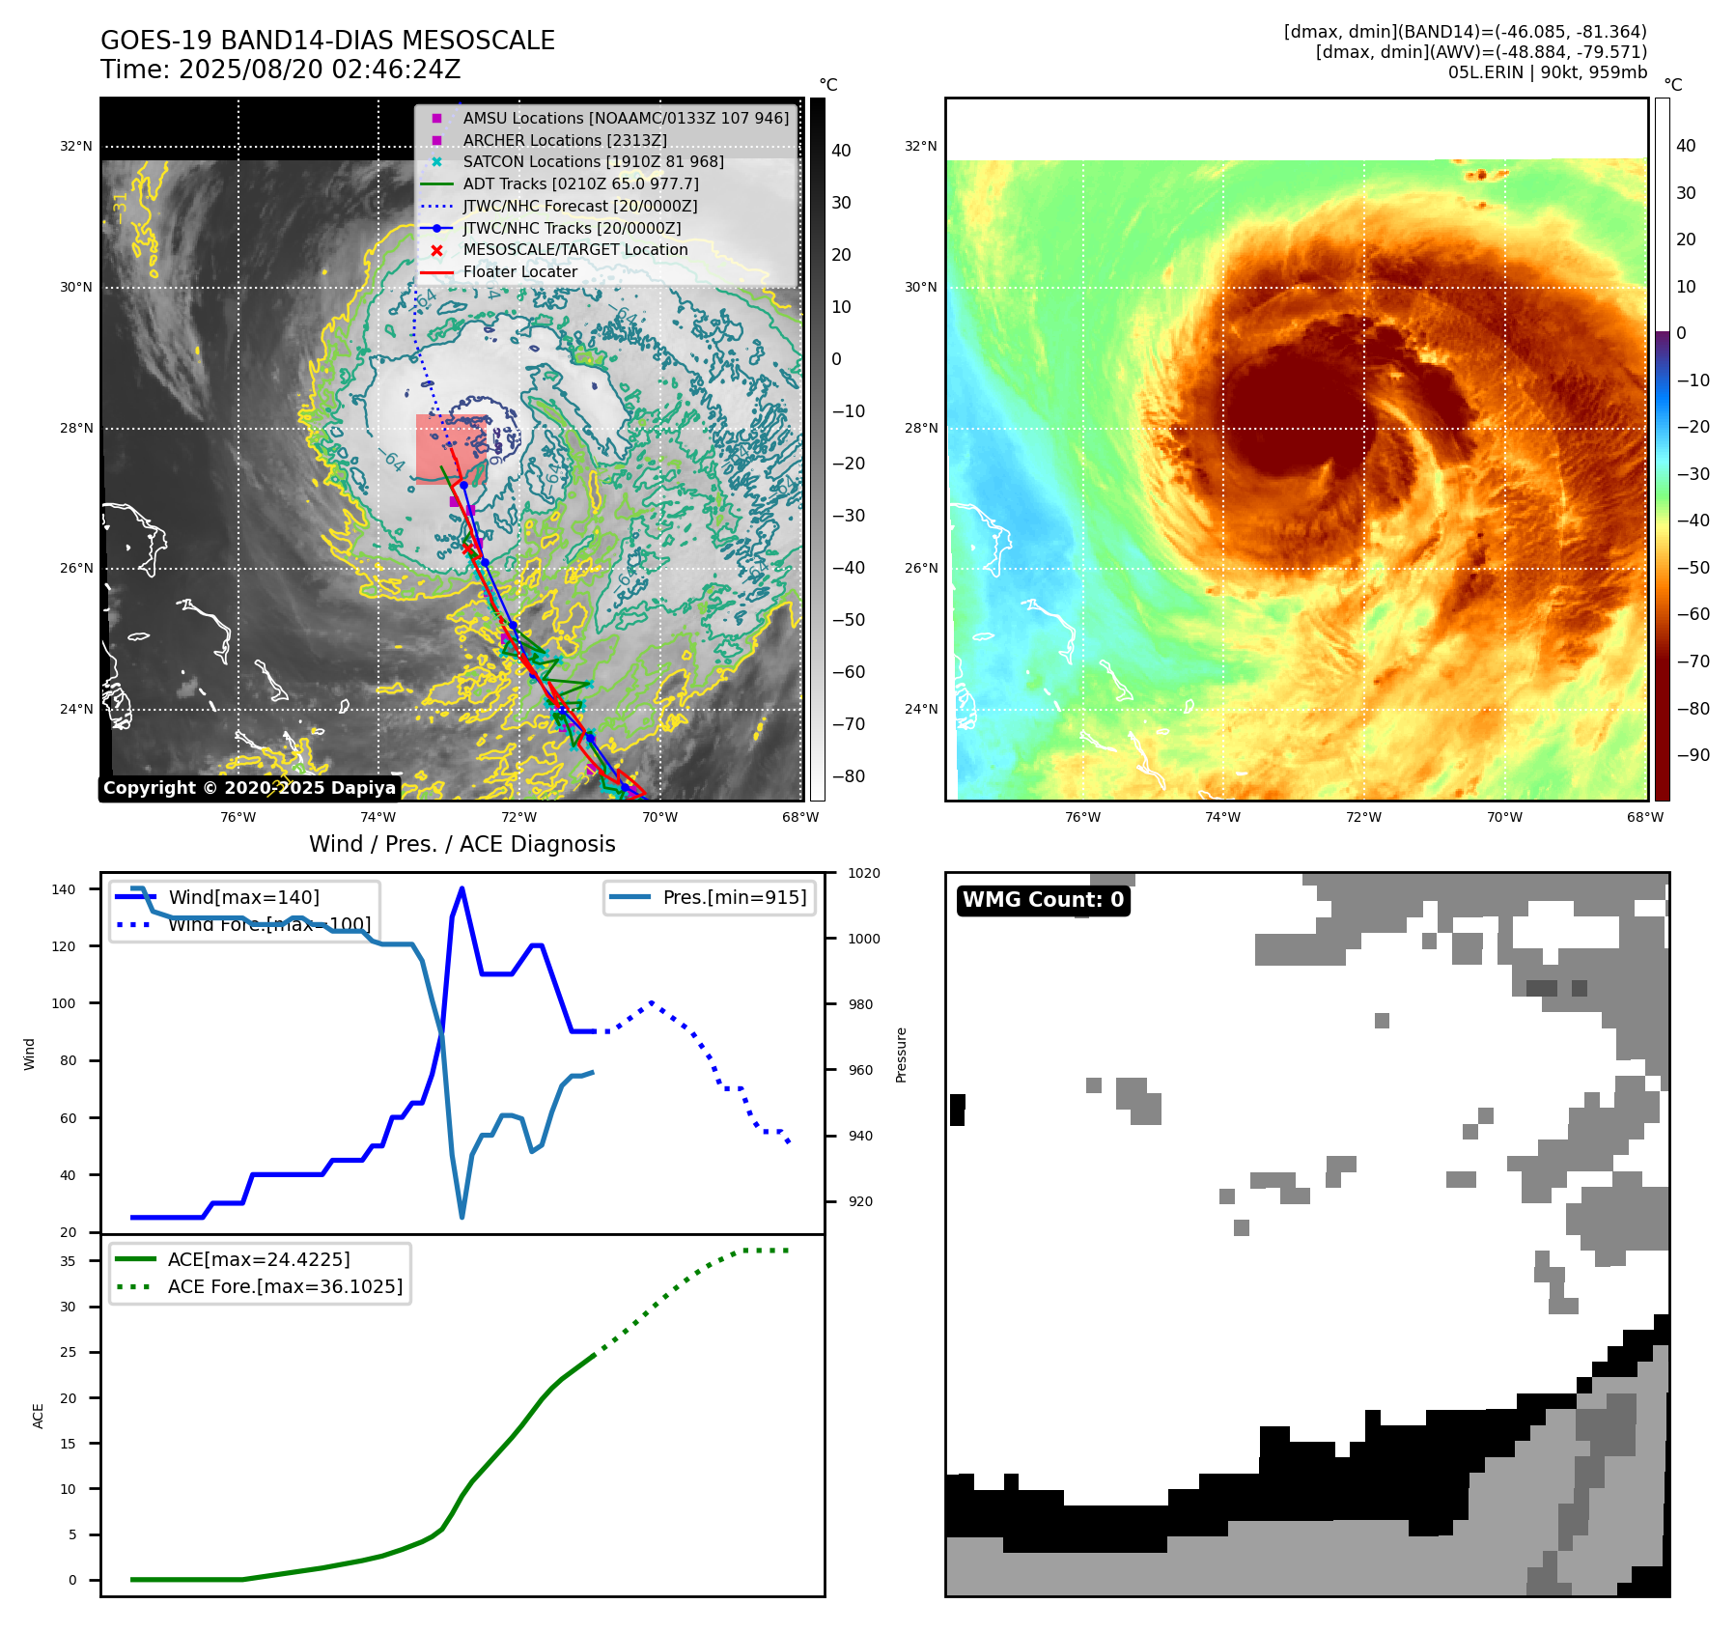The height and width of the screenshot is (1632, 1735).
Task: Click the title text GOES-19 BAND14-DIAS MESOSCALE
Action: pyautogui.click(x=327, y=41)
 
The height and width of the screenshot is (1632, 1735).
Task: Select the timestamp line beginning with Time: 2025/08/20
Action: pyautogui.click(x=280, y=70)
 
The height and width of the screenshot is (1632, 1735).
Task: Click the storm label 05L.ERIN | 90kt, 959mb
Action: pyautogui.click(x=1547, y=72)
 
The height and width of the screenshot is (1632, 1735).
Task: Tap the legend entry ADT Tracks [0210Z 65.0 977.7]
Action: pyautogui.click(x=580, y=183)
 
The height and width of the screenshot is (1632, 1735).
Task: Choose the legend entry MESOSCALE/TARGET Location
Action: pyautogui.click(x=575, y=250)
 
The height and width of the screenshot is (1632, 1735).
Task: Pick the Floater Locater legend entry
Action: pyautogui.click(x=519, y=272)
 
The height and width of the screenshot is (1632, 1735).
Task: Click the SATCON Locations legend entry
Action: pyautogui.click(x=593, y=162)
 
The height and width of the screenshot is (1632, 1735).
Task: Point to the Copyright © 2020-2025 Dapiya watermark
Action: pyautogui.click(x=249, y=788)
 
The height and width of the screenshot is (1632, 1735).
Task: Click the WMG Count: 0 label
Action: pyautogui.click(x=1043, y=900)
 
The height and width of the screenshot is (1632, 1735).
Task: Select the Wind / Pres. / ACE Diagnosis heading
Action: pyautogui.click(x=462, y=844)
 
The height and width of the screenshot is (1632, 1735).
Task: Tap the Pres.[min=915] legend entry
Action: pyautogui.click(x=734, y=897)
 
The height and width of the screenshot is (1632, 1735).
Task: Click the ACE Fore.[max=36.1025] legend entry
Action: pyautogui.click(x=285, y=1286)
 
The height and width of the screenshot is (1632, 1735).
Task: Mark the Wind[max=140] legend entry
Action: pyautogui.click(x=243, y=897)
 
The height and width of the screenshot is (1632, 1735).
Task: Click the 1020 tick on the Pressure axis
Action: pyautogui.click(x=863, y=873)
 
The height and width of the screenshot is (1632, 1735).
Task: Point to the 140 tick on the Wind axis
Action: pyautogui.click(x=63, y=889)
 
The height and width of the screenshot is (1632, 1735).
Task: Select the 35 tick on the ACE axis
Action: pyautogui.click(x=68, y=1261)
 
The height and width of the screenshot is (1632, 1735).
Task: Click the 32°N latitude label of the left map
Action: pyautogui.click(x=76, y=147)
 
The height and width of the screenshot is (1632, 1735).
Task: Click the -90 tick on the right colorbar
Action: pyautogui.click(x=1693, y=755)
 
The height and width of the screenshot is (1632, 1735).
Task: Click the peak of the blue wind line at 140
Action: pyautogui.click(x=462, y=888)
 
